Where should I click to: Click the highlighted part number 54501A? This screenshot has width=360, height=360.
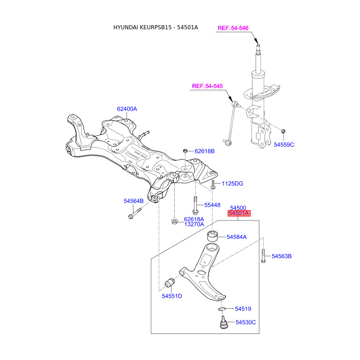pyautogui.click(x=238, y=214)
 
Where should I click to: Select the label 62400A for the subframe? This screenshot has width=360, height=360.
pyautogui.click(x=127, y=109)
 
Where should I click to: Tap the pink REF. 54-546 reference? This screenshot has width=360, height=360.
pyautogui.click(x=233, y=28)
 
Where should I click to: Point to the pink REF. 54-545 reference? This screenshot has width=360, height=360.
pyautogui.click(x=207, y=86)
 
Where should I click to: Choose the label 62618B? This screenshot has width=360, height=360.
pyautogui.click(x=205, y=151)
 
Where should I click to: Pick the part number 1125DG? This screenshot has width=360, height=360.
pyautogui.click(x=232, y=184)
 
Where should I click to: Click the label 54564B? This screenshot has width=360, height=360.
pyautogui.click(x=134, y=201)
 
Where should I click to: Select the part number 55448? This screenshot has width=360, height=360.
pyautogui.click(x=212, y=205)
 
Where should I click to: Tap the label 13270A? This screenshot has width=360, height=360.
pyautogui.click(x=194, y=224)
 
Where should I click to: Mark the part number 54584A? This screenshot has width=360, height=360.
pyautogui.click(x=237, y=236)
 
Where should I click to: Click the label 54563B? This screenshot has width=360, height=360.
pyautogui.click(x=282, y=256)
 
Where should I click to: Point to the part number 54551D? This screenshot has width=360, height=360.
pyautogui.click(x=172, y=296)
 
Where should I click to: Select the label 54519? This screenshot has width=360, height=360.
pyautogui.click(x=243, y=309)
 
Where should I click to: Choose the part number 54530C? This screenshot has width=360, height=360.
pyautogui.click(x=246, y=322)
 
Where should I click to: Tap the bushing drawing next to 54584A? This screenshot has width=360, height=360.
pyautogui.click(x=212, y=236)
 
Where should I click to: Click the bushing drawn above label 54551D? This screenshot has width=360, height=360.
pyautogui.click(x=169, y=283)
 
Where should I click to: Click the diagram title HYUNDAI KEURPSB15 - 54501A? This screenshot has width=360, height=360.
pyautogui.click(x=155, y=27)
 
